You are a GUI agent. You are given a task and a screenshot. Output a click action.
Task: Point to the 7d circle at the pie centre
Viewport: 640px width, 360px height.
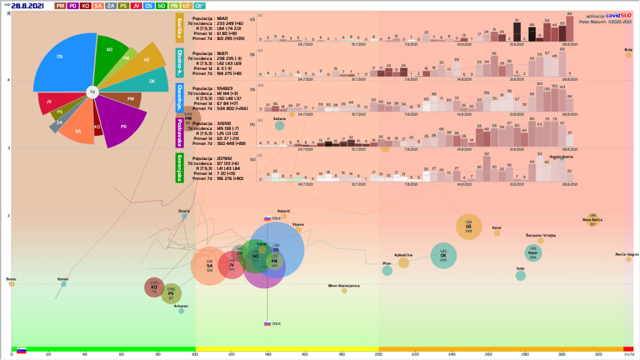[x=92, y=92]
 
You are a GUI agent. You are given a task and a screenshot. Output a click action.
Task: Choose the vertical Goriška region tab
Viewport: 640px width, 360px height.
[x=180, y=27]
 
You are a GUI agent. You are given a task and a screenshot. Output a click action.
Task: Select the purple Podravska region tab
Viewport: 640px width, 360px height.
[x=180, y=132]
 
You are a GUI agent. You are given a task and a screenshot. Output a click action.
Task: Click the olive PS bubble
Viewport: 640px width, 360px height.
[x=171, y=294]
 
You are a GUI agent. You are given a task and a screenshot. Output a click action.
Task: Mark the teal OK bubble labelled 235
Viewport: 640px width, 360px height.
[x=443, y=256]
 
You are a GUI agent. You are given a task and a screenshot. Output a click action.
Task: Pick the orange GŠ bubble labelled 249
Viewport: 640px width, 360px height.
[x=468, y=227]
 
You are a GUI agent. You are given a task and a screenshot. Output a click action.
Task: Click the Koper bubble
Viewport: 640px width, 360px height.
[x=533, y=252]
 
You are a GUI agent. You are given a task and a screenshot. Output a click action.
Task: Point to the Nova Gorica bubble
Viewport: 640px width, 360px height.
[x=592, y=221]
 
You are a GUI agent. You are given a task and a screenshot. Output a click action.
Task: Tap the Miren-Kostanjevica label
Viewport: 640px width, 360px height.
[x=344, y=286]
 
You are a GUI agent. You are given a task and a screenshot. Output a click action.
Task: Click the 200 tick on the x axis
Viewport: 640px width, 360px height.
[x=378, y=355]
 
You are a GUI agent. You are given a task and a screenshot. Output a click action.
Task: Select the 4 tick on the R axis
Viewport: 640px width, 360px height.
[x=8, y=80]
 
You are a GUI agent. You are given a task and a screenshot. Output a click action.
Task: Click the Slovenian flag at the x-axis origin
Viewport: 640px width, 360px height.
[x=21, y=351]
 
